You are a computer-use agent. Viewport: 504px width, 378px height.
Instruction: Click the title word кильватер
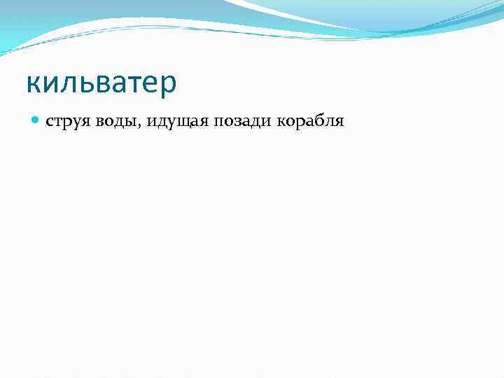(101, 83)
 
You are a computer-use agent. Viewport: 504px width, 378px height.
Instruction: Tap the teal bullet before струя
(36, 121)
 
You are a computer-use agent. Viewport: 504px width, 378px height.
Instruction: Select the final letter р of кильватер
(169, 85)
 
